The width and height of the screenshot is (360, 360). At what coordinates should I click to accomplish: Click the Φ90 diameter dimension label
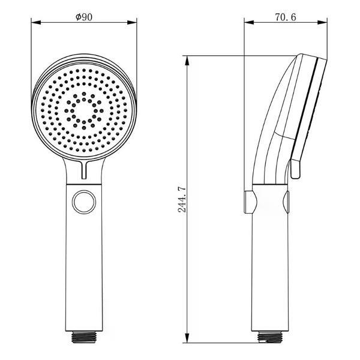coord(84,17)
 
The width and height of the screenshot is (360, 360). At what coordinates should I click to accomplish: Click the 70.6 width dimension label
coord(286,17)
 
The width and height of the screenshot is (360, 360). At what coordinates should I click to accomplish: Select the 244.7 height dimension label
coord(183,200)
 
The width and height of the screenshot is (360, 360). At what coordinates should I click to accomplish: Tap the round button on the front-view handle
coord(84,202)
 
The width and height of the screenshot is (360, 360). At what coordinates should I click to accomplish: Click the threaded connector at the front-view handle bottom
coord(84,337)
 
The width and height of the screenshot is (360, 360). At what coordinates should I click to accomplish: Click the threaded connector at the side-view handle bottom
coord(270,337)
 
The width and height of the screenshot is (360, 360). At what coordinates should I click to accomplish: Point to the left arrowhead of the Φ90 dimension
coord(36,22)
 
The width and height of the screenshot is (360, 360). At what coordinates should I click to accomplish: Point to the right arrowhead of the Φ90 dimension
coord(132,22)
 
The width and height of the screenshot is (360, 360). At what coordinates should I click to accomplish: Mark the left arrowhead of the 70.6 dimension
coord(249,22)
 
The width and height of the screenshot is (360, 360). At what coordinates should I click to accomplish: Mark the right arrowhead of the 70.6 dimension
coord(322,22)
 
